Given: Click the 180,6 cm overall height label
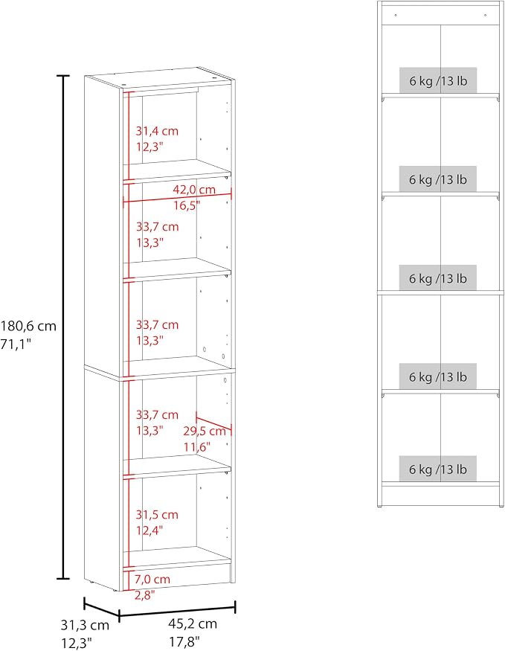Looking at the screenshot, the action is pyautogui.click(x=28, y=327).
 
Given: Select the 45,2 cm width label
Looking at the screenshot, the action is pyautogui.click(x=193, y=623).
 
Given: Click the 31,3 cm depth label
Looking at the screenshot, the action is pyautogui.click(x=85, y=625).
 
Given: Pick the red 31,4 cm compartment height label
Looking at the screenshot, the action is pyautogui.click(x=157, y=131).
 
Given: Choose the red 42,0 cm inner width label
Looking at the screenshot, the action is pyautogui.click(x=194, y=190).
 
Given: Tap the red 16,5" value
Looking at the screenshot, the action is pyautogui.click(x=187, y=205).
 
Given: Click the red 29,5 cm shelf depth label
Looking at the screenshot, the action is pyautogui.click(x=205, y=432).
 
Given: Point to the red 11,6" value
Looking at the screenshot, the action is pyautogui.click(x=197, y=447).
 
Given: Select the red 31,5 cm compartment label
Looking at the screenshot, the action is pyautogui.click(x=157, y=515).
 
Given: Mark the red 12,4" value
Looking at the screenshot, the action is pyautogui.click(x=149, y=530).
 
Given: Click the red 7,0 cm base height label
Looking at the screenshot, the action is pyautogui.click(x=152, y=579).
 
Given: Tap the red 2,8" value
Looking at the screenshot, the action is pyautogui.click(x=144, y=595).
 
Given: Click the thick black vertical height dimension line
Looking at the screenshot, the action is pyautogui.click(x=63, y=327).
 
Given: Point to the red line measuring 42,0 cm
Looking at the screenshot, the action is pyautogui.click(x=178, y=198).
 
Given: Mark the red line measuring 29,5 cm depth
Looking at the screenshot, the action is pyautogui.click(x=213, y=423).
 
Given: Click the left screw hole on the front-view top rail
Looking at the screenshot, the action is pyautogui.click(x=396, y=16).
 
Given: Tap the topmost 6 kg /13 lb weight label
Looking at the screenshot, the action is pyautogui.click(x=438, y=80).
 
